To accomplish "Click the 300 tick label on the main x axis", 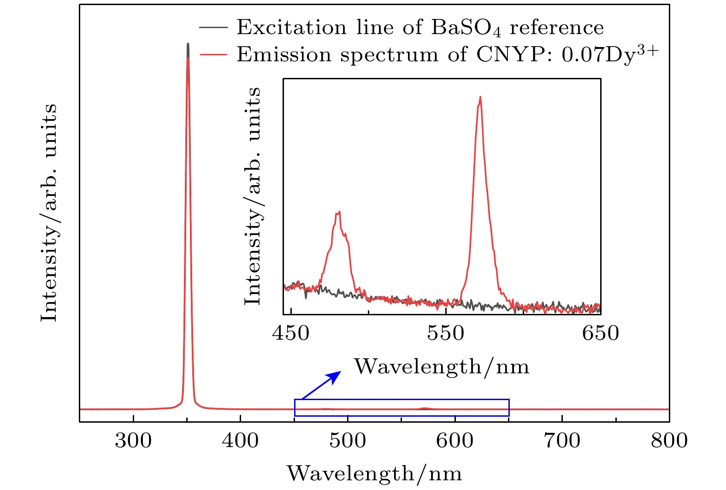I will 133,441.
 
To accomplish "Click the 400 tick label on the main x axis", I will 240,441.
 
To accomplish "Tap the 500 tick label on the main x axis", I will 348,441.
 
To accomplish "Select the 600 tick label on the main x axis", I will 455,441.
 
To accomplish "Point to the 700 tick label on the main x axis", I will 562,441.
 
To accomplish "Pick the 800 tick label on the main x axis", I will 669,441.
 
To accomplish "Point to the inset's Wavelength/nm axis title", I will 442,367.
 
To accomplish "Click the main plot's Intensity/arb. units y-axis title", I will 49,213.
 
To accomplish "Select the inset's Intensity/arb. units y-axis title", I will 253,196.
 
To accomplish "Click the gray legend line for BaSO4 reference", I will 213,28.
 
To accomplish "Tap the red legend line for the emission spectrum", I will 213,55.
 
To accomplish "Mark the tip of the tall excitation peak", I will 188,44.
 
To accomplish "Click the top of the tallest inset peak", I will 480,97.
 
